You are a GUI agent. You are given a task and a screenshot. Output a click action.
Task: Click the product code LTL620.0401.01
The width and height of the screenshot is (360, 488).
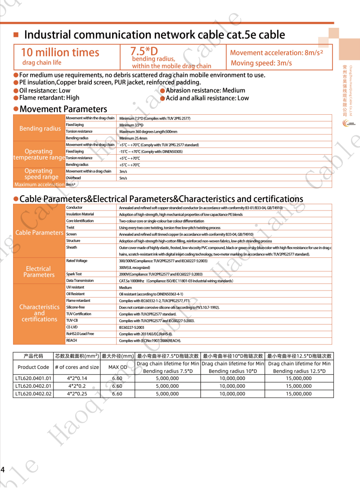click(x=33, y=378)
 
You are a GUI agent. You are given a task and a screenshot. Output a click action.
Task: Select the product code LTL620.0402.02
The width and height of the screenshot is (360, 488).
click(x=33, y=394)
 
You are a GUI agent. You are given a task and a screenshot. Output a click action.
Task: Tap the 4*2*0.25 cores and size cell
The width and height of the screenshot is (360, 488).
click(x=77, y=394)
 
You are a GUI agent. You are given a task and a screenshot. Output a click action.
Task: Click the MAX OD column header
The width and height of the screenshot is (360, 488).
click(x=117, y=367)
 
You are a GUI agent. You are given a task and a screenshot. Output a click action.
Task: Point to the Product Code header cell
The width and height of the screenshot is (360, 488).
click(x=33, y=367)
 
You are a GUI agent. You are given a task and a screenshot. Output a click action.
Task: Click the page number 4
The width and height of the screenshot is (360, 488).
click(x=3, y=470)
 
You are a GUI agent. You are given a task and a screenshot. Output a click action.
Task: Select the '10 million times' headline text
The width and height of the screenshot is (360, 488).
click(x=60, y=53)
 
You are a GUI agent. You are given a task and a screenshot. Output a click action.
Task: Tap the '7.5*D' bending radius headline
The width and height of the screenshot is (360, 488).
click(x=144, y=51)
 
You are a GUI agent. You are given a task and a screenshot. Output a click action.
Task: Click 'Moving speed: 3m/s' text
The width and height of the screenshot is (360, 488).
click(x=261, y=63)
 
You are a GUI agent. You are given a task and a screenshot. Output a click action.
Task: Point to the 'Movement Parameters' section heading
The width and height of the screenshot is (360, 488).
click(x=63, y=109)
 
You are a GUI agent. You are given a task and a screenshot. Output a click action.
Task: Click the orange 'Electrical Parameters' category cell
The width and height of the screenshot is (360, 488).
click(x=39, y=272)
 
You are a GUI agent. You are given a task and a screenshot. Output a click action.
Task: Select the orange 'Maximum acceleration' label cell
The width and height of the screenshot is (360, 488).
click(x=39, y=184)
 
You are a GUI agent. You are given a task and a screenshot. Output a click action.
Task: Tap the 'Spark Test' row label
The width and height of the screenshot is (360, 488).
click(x=74, y=274)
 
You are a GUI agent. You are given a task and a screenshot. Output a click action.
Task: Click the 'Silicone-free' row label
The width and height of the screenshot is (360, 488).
click(x=75, y=307)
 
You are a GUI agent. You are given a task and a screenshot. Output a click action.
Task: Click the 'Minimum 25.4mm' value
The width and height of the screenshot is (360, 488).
click(x=133, y=138)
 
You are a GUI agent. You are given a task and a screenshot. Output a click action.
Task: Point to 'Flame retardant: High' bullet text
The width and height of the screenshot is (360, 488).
click(x=49, y=98)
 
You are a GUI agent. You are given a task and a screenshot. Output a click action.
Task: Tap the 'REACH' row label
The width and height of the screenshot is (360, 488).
click(x=72, y=340)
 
